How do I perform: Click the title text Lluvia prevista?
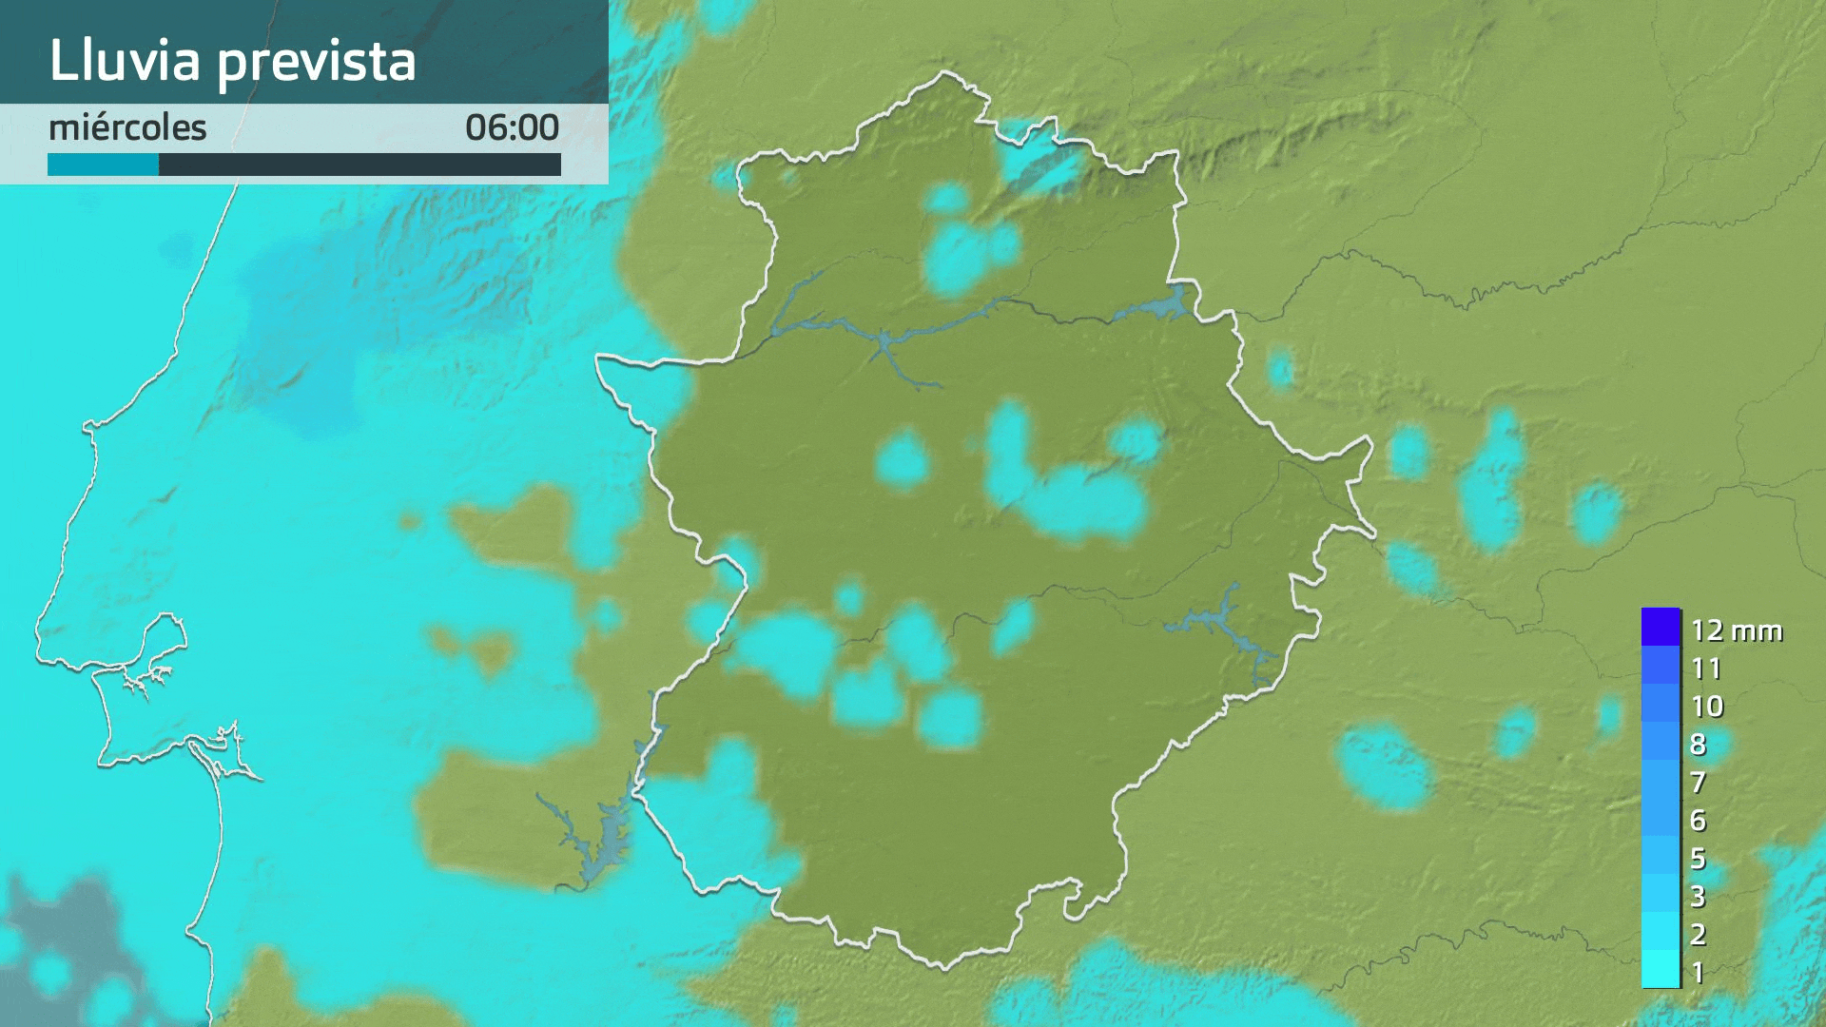[232, 61]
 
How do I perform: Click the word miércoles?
[127, 127]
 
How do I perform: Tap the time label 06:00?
[512, 127]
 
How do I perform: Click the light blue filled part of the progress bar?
[103, 165]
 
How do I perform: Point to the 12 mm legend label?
[1736, 630]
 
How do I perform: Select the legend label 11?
[1706, 669]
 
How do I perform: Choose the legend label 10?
[1707, 706]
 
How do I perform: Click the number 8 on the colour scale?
[1699, 744]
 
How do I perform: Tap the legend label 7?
[1699, 782]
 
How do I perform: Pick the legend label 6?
[1699, 820]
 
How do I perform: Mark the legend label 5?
[1699, 858]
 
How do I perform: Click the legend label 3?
[1699, 896]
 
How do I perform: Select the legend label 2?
[1699, 934]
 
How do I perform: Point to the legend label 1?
[1699, 972]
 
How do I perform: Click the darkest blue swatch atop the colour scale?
[1661, 627]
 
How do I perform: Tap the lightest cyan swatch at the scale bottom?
[1661, 969]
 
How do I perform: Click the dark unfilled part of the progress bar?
[359, 165]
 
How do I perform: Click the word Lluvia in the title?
[125, 61]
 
